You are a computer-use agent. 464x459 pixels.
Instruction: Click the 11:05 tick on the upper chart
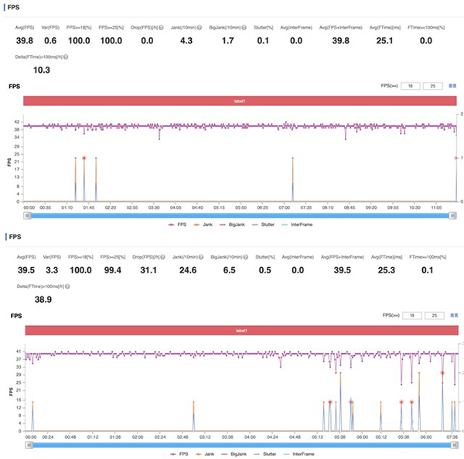coord(437,207)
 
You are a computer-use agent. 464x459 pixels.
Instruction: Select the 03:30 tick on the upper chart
coord(154,207)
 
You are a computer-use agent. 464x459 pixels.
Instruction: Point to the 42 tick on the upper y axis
coord(17,122)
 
